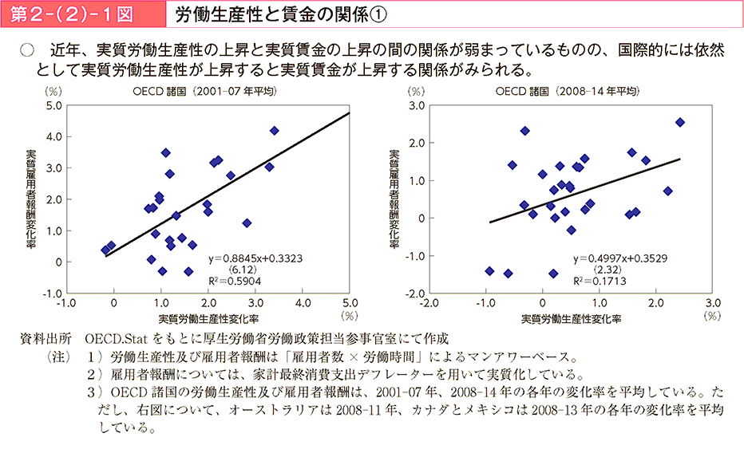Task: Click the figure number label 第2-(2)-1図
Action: pyautogui.click(x=73, y=14)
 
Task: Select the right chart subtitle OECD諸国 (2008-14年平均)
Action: pyautogui.click(x=568, y=92)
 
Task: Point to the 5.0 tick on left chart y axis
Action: pyautogui.click(x=53, y=105)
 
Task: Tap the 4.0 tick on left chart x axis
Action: pyautogui.click(x=303, y=304)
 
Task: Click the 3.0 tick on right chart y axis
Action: pyautogui.click(x=415, y=105)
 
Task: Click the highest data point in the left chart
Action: pyautogui.click(x=275, y=130)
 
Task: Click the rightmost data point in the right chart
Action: pyautogui.click(x=680, y=122)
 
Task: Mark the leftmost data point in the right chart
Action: pyautogui.click(x=489, y=271)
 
